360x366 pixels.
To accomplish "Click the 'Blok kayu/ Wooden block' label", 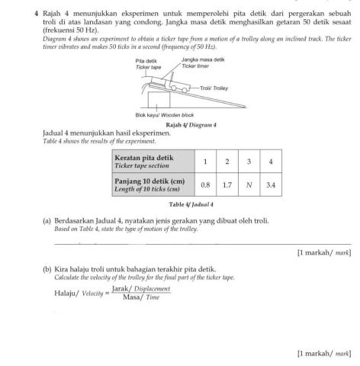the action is point(163,115).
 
